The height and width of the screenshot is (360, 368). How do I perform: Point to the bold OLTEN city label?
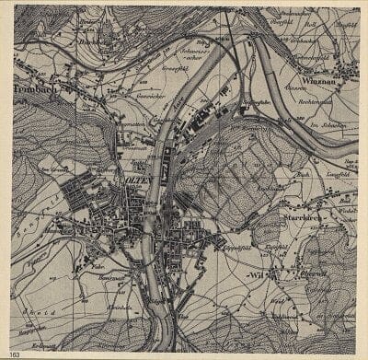coord(136,180)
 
